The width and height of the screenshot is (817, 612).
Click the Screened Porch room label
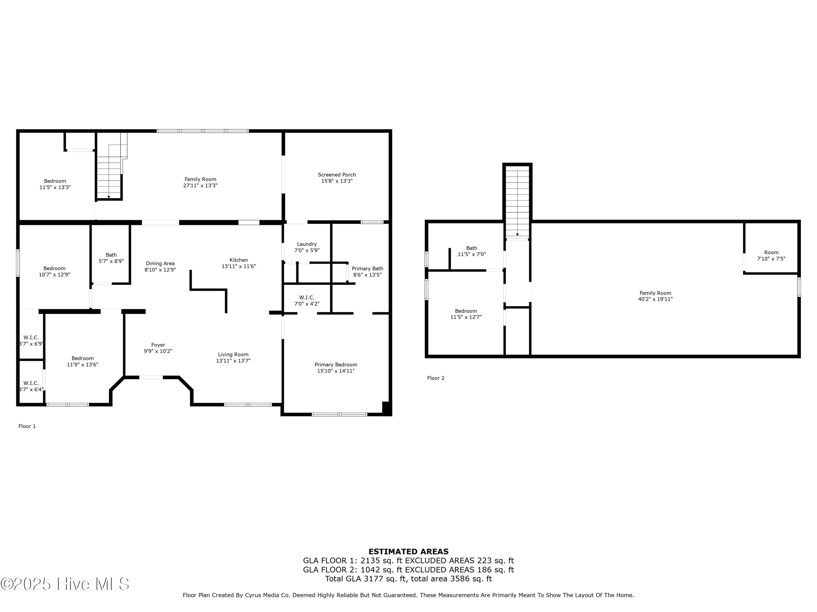337,175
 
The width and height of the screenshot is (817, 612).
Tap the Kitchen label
239,260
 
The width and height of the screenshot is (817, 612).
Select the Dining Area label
160,263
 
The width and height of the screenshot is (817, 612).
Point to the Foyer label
158,345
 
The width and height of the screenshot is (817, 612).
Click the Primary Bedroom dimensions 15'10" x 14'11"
336,371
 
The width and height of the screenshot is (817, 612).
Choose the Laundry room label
307,244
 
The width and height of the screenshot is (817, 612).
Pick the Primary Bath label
367,268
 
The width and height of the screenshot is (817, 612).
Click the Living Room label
233,354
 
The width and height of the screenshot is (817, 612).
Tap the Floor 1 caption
27,426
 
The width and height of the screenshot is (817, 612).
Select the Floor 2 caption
436,378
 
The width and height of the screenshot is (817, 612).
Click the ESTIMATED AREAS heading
408,552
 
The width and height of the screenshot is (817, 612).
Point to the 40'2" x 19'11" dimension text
655,299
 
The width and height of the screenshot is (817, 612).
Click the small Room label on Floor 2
771,253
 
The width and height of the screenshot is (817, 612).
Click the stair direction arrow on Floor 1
109,197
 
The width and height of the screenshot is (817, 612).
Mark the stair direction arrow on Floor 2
517,235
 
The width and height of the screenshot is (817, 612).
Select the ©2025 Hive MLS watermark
65,584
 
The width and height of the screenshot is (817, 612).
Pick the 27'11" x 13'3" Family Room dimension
200,186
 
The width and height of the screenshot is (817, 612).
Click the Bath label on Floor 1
111,255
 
